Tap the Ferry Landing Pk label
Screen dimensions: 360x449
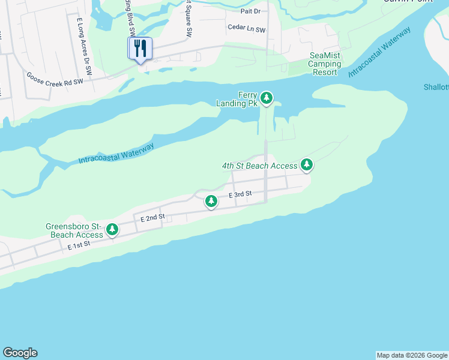(x=240, y=99)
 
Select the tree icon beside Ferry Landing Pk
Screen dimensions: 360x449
(x=267, y=98)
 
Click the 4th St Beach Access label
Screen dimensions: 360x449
(x=259, y=166)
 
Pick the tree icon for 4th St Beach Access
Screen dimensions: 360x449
(x=307, y=164)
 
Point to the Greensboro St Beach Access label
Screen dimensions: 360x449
(x=73, y=230)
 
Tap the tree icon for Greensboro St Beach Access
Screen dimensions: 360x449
(x=112, y=229)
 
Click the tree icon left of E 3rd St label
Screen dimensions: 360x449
(x=211, y=201)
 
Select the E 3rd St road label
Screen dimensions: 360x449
(x=240, y=194)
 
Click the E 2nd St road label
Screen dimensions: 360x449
(x=152, y=220)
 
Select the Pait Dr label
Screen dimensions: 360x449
(x=250, y=11)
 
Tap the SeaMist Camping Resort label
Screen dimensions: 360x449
(x=325, y=64)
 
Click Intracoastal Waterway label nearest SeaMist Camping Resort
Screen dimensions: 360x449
(x=379, y=52)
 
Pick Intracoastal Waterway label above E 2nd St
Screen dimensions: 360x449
(x=116, y=153)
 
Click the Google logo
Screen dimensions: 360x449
(x=20, y=353)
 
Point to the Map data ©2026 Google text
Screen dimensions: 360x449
(x=412, y=355)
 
